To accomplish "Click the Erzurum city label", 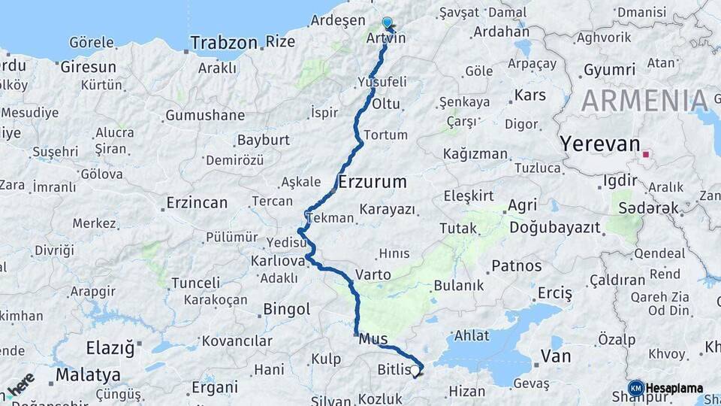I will point(373,181).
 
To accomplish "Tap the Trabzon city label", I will point(224,43).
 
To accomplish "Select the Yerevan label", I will point(599,144).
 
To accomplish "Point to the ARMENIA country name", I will point(644,100).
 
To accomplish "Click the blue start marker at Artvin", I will point(388,24).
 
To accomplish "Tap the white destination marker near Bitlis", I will point(415,369).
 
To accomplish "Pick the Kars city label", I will point(530,96).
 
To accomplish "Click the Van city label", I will point(556,356).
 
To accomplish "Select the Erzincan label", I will point(197,202).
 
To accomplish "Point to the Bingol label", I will point(287,309).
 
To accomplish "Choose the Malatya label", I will point(88,374).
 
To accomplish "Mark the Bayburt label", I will point(264,140).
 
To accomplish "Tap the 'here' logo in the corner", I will point(20,385).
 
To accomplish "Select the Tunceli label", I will point(196,283).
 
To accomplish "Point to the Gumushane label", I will point(205,115).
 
